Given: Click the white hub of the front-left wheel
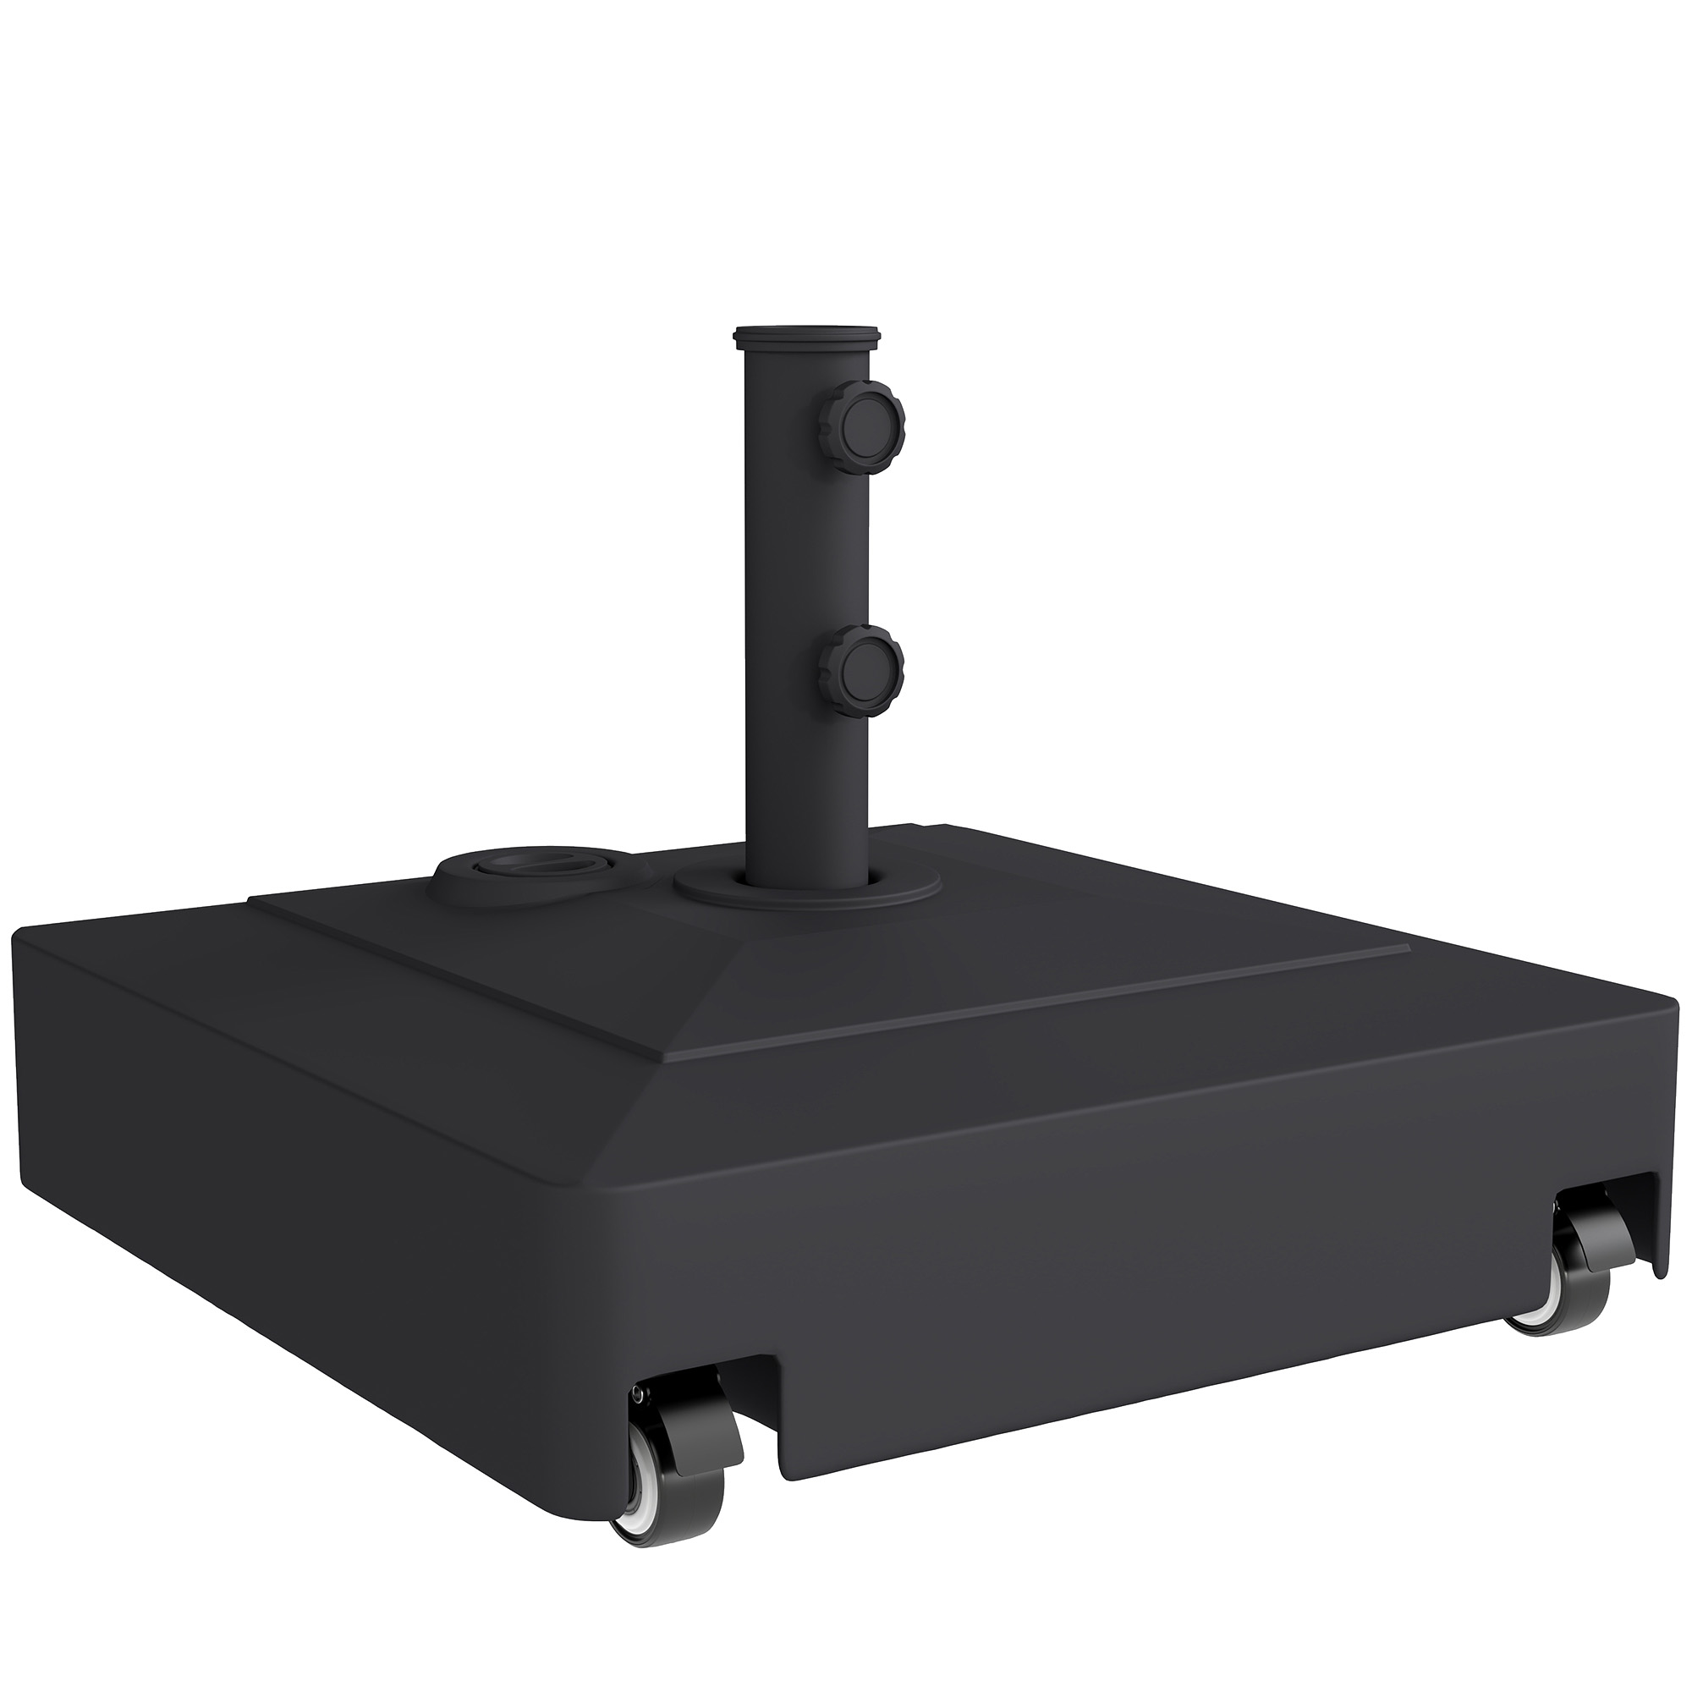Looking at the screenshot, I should (x=632, y=1480).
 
